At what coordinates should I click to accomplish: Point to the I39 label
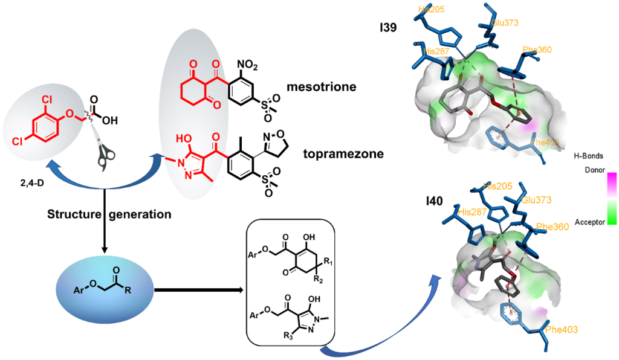(386, 27)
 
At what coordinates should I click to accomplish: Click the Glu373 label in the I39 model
(505, 23)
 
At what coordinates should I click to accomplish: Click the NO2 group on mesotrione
(247, 63)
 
